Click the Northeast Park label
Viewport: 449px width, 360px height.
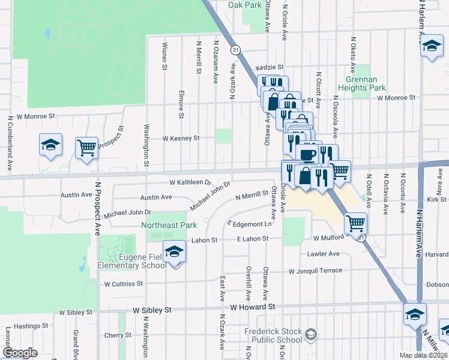pos(169,225)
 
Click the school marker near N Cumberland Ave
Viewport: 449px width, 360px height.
pos(51,145)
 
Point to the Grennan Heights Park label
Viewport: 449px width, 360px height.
pos(365,83)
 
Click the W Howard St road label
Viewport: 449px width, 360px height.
pos(252,307)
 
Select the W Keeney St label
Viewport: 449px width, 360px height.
pos(181,138)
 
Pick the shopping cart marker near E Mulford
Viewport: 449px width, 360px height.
pos(355,223)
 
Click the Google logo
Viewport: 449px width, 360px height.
pos(20,353)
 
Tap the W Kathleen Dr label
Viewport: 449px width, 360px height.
pos(191,182)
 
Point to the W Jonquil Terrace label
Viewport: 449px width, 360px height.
pos(315,271)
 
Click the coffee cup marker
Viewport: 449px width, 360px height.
pos(308,155)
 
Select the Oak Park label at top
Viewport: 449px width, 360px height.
pos(244,5)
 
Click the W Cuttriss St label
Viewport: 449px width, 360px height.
pos(124,284)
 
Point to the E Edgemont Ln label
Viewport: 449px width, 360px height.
pos(249,224)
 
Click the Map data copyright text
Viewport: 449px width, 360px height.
pos(424,355)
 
